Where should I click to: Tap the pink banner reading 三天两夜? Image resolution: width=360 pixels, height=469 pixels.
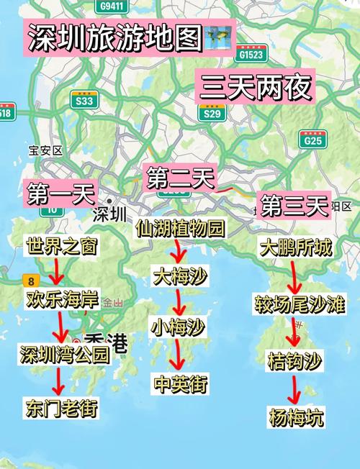tap(256, 87)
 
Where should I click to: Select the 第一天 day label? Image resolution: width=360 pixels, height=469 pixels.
tap(61, 193)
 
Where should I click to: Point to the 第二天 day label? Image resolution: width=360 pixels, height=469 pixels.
tap(180, 177)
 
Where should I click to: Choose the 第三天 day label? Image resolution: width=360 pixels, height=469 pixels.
tap(294, 206)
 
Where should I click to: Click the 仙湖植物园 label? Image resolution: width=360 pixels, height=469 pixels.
tap(180, 229)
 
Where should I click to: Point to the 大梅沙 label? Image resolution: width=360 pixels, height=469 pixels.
tap(179, 276)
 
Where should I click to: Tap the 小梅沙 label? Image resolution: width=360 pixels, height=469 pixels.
tap(178, 327)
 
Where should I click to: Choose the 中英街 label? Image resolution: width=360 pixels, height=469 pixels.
tap(181, 383)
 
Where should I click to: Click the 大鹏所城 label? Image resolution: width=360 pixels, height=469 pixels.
tap(295, 249)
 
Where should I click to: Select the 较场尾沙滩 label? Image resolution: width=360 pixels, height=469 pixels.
tap(300, 304)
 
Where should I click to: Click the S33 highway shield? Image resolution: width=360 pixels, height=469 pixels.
tap(86, 101)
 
